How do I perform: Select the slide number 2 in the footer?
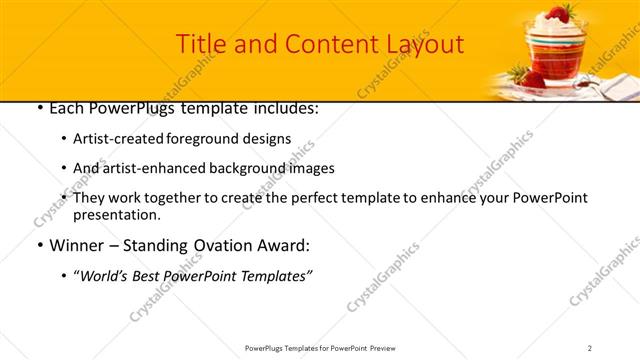click(590, 348)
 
